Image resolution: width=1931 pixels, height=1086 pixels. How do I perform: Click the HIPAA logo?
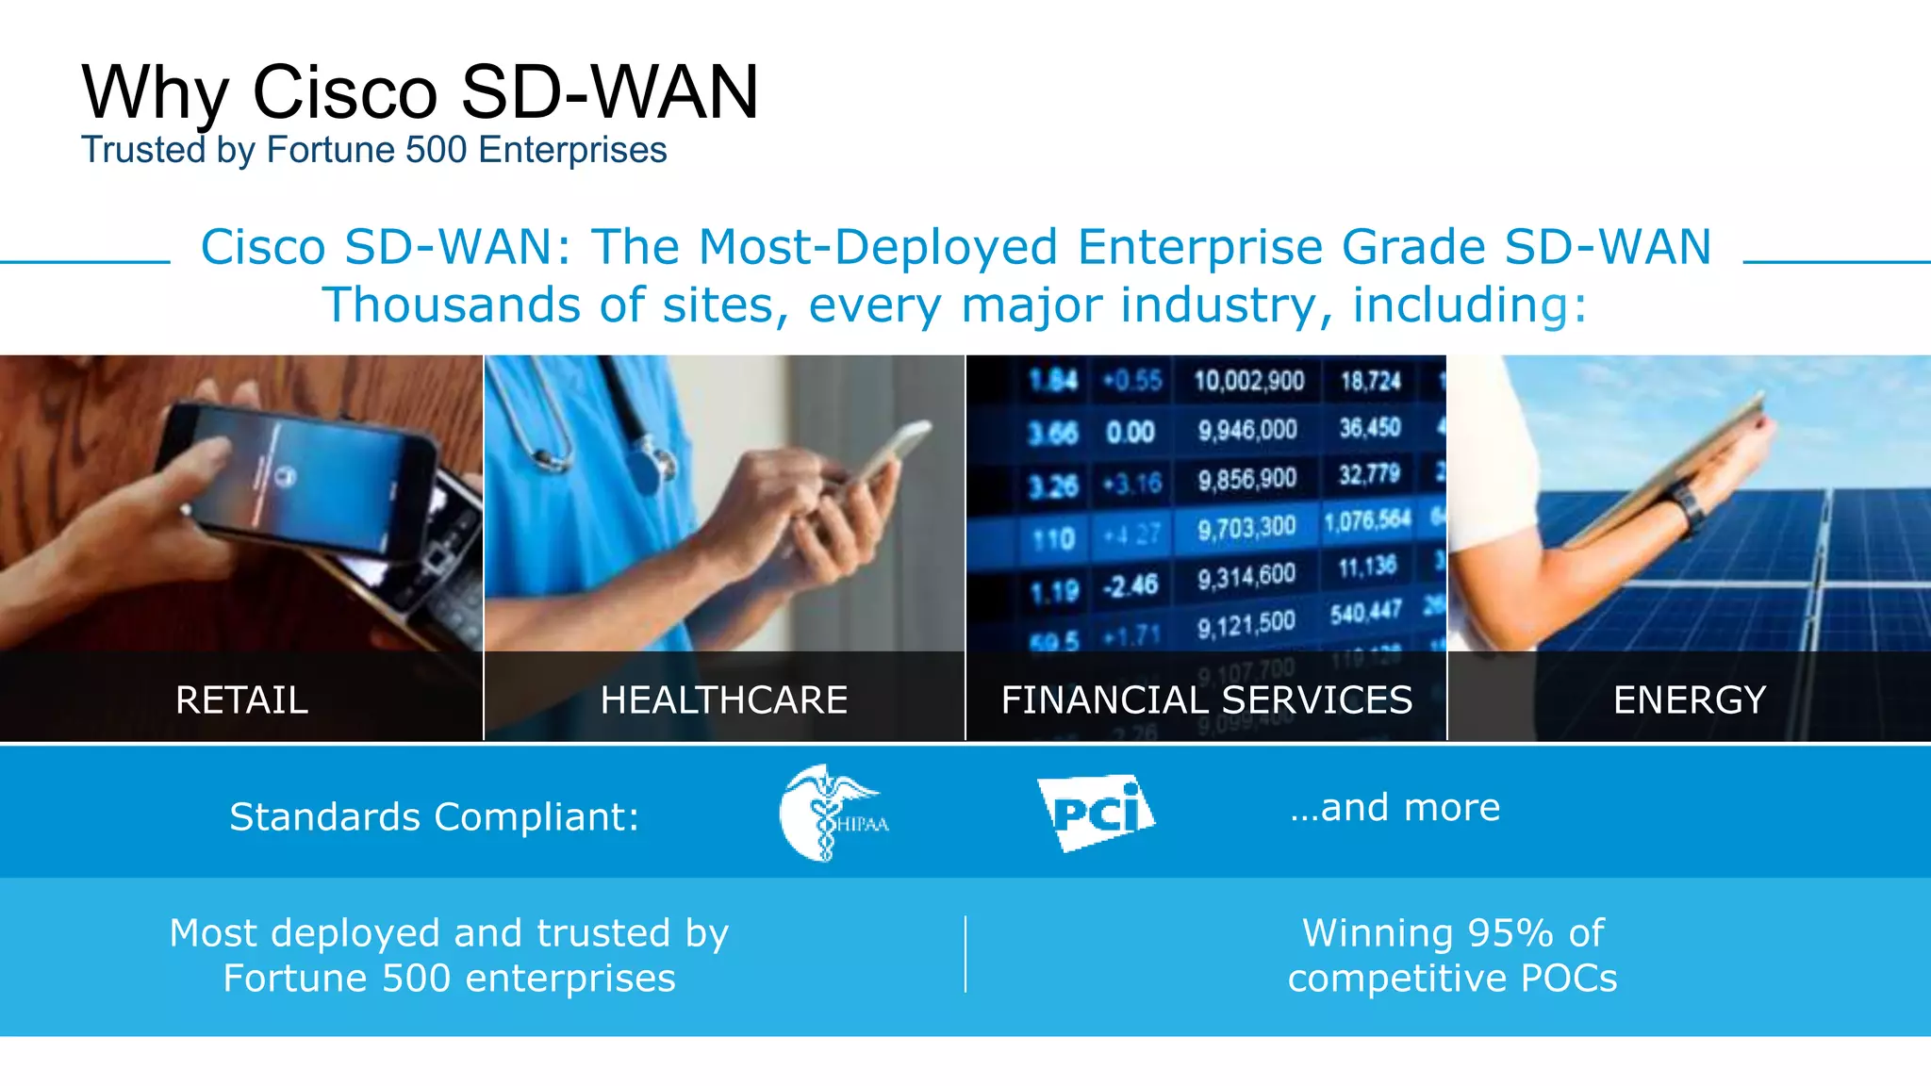click(833, 813)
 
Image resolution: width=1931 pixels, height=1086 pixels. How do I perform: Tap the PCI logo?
click(1097, 813)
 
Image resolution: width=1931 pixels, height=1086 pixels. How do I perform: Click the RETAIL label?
click(241, 700)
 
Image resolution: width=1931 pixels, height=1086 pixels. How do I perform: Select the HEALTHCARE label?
click(723, 700)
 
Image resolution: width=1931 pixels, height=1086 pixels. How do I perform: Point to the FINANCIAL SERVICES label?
click(1206, 700)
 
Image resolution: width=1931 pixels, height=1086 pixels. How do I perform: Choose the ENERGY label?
click(1689, 700)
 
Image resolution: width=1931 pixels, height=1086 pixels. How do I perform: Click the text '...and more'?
click(1395, 808)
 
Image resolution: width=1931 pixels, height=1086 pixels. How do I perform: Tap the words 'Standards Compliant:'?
click(435, 816)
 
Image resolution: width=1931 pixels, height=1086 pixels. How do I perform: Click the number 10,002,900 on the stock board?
click(1248, 381)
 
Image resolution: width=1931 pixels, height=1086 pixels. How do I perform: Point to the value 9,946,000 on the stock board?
click(1247, 431)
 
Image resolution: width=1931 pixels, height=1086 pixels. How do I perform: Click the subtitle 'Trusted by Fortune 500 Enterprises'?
click(373, 151)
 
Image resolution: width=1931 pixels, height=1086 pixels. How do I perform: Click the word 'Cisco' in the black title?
click(345, 92)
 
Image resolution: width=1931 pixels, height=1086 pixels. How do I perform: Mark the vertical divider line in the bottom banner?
click(965, 954)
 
